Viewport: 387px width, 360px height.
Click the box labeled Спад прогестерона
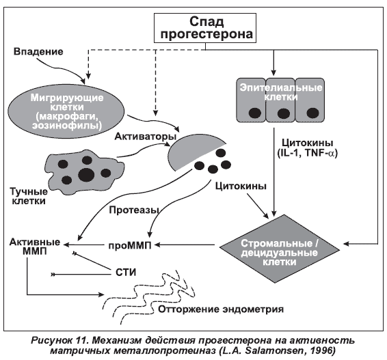click(205, 28)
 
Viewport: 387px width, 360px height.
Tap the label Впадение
click(38, 52)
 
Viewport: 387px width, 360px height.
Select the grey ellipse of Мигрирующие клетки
click(66, 111)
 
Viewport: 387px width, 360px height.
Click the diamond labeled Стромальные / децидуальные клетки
click(280, 249)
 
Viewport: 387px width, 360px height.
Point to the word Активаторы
click(146, 137)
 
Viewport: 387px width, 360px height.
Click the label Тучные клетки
click(29, 196)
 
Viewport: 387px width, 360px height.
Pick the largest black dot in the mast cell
click(86, 175)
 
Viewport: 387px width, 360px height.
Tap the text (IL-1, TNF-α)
click(307, 153)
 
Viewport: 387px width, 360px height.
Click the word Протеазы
click(134, 210)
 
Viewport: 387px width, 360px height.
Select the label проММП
click(130, 246)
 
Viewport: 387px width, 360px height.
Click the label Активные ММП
click(35, 247)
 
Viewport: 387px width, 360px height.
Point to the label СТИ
click(126, 273)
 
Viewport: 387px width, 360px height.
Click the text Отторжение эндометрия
click(221, 309)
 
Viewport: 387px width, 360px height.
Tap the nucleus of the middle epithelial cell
click(284, 113)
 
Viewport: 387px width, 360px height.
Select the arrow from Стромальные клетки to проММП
click(185, 245)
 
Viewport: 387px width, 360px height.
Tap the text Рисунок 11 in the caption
click(59, 340)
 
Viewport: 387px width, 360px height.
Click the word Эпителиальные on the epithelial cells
click(281, 88)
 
